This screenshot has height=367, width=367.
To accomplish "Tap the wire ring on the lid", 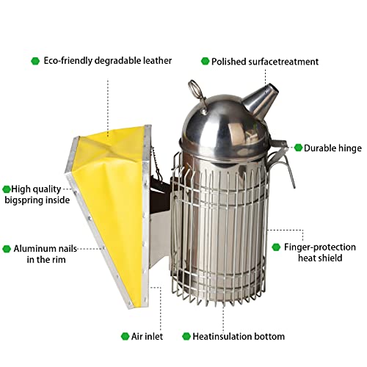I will click(195, 91).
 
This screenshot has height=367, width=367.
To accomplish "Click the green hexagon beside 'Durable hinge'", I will click(298, 148).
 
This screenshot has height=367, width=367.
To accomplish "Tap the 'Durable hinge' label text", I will click(333, 148).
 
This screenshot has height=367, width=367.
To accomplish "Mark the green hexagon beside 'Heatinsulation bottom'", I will click(186, 337).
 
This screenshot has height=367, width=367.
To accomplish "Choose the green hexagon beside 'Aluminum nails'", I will click(7, 248).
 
